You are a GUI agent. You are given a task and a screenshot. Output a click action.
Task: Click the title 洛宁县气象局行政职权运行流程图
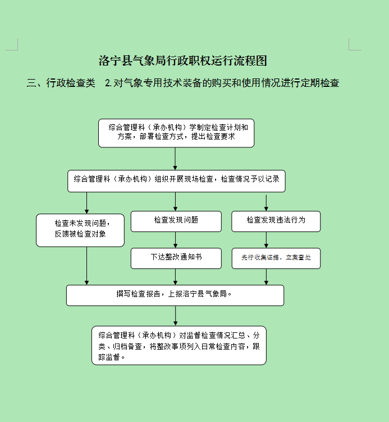(x=183, y=61)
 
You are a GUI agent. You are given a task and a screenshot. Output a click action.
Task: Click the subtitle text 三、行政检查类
(x=61, y=83)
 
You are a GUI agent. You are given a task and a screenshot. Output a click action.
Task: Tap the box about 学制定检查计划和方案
(x=176, y=133)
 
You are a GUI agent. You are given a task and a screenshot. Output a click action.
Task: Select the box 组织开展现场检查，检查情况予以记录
(x=176, y=181)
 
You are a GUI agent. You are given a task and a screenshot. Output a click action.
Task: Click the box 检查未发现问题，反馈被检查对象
(x=80, y=230)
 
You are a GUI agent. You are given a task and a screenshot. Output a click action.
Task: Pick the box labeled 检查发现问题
(x=176, y=221)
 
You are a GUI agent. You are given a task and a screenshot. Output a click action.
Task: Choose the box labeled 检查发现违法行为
(x=276, y=221)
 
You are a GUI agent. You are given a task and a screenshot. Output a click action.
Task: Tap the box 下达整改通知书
(x=176, y=258)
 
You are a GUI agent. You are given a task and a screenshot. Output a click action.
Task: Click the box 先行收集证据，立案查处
(x=276, y=258)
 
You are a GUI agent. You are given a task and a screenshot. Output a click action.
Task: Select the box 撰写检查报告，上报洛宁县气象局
(x=175, y=295)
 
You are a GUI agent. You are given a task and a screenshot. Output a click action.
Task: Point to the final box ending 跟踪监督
(x=179, y=345)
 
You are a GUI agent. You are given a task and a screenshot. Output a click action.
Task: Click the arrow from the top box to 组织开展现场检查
(x=175, y=159)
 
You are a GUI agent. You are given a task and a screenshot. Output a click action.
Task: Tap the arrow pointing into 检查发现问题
(x=175, y=202)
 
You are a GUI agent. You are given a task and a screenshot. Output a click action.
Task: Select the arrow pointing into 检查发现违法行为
(x=266, y=203)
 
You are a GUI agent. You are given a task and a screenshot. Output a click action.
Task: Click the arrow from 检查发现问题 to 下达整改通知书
(x=175, y=240)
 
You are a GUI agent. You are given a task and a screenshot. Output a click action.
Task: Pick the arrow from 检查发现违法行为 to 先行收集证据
(x=266, y=240)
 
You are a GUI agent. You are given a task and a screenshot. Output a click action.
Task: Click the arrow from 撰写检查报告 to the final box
(x=175, y=316)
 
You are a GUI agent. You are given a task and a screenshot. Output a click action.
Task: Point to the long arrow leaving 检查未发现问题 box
(x=86, y=266)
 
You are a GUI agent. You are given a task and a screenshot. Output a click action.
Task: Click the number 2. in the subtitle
(x=108, y=83)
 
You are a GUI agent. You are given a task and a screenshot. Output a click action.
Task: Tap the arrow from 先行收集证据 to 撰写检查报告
(x=266, y=277)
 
